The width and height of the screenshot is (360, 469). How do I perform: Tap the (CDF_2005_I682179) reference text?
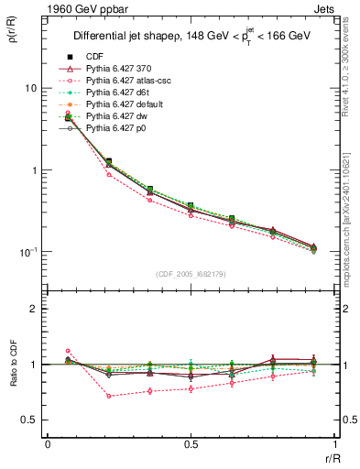(x=191, y=274)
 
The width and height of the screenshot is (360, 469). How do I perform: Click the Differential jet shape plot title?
(x=191, y=38)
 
